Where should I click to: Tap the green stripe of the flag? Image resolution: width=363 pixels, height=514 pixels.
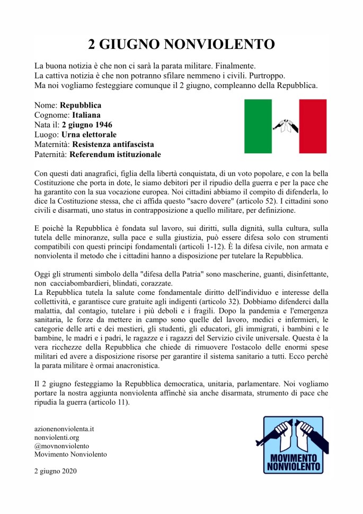click(x=258, y=126)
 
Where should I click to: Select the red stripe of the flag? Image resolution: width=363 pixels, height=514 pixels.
click(x=313, y=126)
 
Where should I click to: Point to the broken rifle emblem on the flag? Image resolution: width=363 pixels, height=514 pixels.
click(x=285, y=126)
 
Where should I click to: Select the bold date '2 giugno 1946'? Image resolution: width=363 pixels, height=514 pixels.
click(x=88, y=125)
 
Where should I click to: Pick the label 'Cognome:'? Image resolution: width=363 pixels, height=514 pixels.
click(x=51, y=115)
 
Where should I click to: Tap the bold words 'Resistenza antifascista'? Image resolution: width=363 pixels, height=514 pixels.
click(x=113, y=144)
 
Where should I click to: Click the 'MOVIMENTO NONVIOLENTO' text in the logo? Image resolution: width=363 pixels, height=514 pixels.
click(x=295, y=462)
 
